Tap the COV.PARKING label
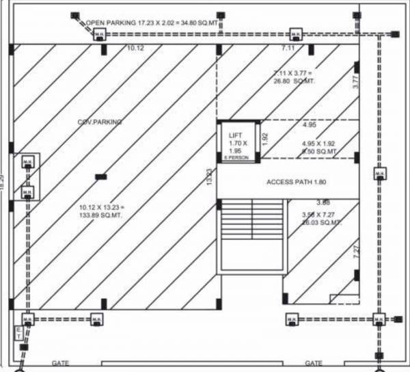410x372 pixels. [x=100, y=122]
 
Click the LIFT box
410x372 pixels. [x=238, y=142]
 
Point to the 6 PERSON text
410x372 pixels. [x=236, y=159]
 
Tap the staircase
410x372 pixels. [x=251, y=234]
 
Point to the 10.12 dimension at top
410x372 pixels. [x=136, y=49]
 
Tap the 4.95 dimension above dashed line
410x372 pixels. [x=310, y=125]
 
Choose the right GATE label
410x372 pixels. [x=314, y=363]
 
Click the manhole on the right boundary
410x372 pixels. [x=377, y=174]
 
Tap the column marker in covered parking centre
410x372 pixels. [x=100, y=176]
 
